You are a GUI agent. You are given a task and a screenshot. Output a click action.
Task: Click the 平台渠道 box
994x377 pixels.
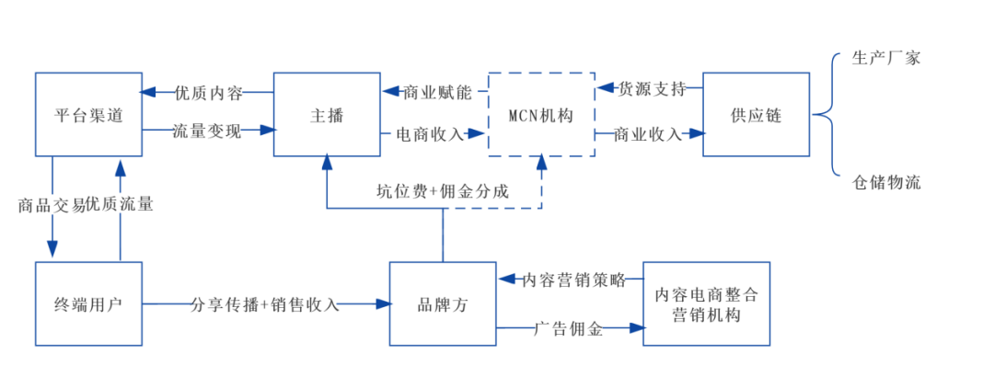(x=88, y=115)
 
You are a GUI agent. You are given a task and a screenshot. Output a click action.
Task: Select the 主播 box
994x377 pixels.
(x=327, y=115)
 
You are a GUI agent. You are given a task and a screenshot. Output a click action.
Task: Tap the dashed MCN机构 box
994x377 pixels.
(x=541, y=115)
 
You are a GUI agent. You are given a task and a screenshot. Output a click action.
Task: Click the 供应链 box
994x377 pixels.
(x=756, y=115)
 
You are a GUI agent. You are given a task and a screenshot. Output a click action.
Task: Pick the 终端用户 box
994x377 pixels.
(x=88, y=303)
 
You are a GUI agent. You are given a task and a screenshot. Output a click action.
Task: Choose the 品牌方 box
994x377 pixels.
(x=443, y=304)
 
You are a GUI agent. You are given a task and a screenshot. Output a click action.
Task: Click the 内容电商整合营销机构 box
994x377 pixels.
(x=706, y=304)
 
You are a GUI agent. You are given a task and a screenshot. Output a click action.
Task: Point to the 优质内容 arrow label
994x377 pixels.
(x=208, y=92)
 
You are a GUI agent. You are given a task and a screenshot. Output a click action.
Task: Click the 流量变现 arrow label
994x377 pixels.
(x=207, y=131)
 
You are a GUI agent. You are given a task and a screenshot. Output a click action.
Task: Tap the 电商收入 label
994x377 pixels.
(x=430, y=133)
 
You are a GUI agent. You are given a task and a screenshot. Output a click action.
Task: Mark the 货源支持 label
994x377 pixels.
(x=652, y=89)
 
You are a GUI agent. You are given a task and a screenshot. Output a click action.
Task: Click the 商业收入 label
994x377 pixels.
(x=648, y=134)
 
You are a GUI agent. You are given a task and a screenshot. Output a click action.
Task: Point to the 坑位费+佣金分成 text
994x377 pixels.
(x=442, y=191)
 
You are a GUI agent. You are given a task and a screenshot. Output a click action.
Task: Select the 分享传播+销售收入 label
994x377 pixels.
(x=265, y=304)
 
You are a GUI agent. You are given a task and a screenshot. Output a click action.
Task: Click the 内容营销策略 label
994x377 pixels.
(x=573, y=280)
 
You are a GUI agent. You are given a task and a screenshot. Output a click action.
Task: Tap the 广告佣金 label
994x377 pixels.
(x=570, y=328)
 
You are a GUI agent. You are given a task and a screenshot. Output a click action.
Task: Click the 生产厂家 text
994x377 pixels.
(x=885, y=58)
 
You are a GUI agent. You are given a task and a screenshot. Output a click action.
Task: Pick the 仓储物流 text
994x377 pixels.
(x=885, y=182)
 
